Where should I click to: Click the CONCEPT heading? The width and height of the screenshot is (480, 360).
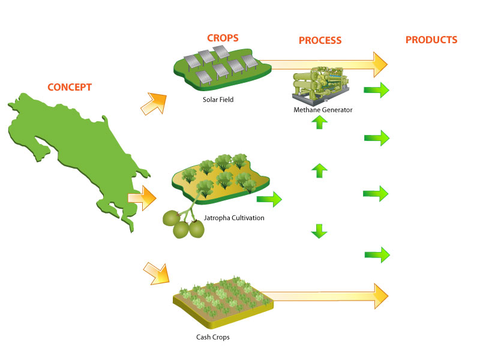[x=70, y=87]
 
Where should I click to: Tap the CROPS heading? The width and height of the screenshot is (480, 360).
[x=223, y=38]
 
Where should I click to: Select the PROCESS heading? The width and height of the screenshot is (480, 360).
[x=320, y=41]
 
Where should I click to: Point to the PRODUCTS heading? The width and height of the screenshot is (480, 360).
[x=431, y=40]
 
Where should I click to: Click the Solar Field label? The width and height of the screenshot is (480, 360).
[x=218, y=100]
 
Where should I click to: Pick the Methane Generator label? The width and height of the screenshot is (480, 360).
[x=323, y=110]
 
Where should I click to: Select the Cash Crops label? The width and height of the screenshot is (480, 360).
[x=213, y=337]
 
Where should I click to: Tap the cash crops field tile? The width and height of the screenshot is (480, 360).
[x=222, y=297]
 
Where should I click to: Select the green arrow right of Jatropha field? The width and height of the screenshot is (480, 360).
[x=269, y=199]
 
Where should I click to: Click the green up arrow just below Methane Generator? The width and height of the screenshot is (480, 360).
[x=320, y=122]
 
